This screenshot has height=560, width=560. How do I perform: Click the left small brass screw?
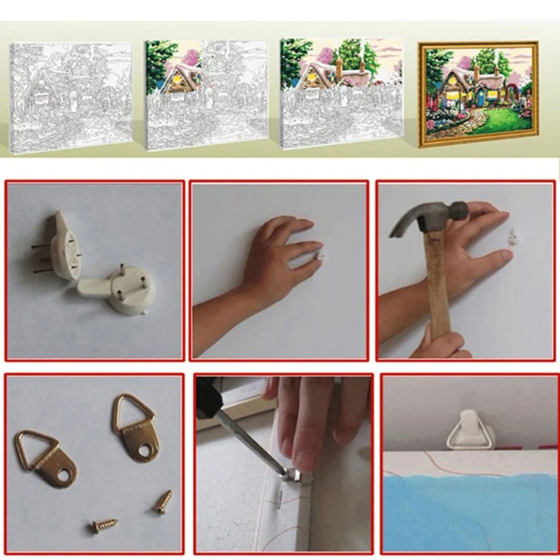(103, 524)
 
